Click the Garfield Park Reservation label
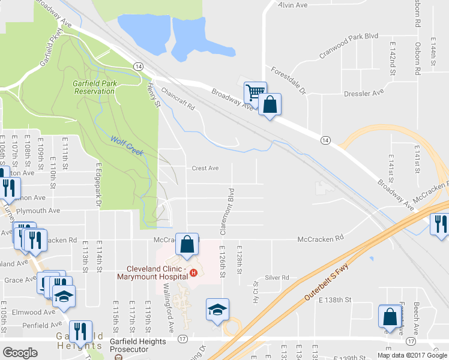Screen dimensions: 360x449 [94, 87]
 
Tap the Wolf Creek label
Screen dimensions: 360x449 [127, 146]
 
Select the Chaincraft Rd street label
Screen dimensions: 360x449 [179, 99]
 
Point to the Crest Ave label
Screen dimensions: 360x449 [205, 168]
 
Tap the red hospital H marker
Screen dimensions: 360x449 [193, 274]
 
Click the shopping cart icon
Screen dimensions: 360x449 [255, 92]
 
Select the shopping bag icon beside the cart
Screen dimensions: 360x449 [270, 104]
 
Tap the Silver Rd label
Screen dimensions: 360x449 [277, 278]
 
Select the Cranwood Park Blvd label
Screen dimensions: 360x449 [349, 44]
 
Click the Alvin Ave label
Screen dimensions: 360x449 [293, 5]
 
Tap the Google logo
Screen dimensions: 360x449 [20, 353]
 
